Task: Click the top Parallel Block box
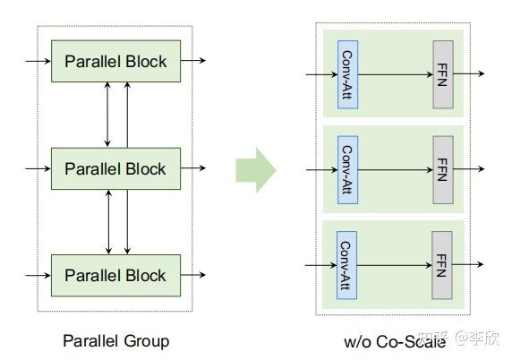click(x=115, y=61)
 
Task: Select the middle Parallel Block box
click(x=115, y=168)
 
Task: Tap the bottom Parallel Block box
click(x=115, y=275)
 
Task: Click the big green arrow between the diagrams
click(x=256, y=168)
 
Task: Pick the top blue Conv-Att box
click(x=347, y=74)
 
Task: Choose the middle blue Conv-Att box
click(x=347, y=168)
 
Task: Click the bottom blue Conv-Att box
click(x=347, y=264)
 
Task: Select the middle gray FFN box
click(x=442, y=168)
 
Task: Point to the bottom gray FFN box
click(x=442, y=264)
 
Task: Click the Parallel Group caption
click(x=115, y=340)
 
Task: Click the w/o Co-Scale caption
click(x=394, y=341)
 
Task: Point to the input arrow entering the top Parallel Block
click(x=38, y=61)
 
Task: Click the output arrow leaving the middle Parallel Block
click(x=193, y=168)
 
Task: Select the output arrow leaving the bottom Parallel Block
click(x=193, y=275)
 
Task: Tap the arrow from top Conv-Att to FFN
click(x=395, y=74)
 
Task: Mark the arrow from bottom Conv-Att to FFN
click(x=395, y=264)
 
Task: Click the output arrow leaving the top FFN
click(x=469, y=74)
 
